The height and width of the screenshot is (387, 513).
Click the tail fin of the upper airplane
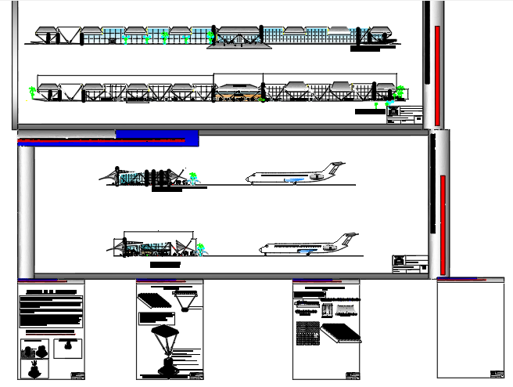point(335,167)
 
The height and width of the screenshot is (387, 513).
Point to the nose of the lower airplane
point(262,250)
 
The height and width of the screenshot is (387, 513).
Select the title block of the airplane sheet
point(409,264)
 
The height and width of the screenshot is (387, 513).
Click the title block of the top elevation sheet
point(404,115)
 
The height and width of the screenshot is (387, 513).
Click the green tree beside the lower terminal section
point(201,250)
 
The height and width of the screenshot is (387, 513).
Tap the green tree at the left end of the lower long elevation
point(32,92)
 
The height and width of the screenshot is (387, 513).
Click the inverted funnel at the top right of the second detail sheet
point(187,300)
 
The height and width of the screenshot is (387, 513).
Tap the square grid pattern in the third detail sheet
point(307,334)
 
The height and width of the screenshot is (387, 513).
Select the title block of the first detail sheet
point(77,373)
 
